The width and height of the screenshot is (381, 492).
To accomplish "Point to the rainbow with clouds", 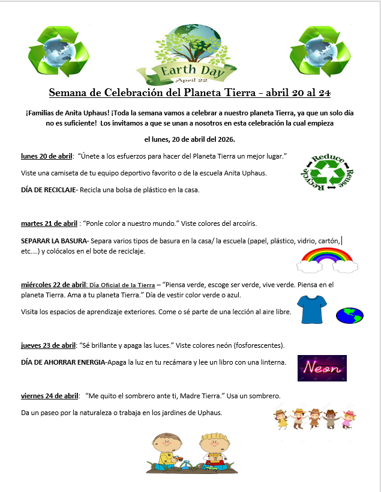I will coord(328,259).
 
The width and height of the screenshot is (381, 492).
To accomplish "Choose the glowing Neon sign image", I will coord(322,368).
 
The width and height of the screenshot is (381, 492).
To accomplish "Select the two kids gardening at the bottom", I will coord(190,452).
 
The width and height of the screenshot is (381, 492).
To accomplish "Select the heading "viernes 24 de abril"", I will coord(50,396).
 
